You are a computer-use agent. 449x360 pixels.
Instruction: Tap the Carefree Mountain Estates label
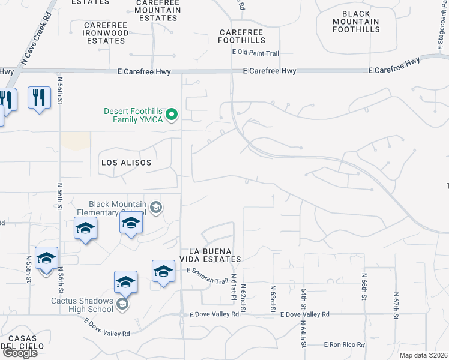click(x=158, y=10)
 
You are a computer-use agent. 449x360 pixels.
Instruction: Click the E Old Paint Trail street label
click(x=256, y=53)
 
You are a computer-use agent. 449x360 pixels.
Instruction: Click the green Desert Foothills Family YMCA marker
click(x=172, y=114)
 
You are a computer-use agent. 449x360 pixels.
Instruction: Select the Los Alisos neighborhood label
click(x=126, y=163)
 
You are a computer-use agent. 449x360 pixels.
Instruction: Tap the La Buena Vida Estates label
click(x=215, y=254)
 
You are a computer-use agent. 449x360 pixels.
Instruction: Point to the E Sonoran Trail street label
click(x=207, y=277)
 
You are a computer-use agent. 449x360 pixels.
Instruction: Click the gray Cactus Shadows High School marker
click(x=122, y=304)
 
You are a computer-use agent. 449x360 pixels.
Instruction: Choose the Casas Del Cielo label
click(x=22, y=342)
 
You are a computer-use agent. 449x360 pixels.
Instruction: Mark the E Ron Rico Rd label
click(x=343, y=345)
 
